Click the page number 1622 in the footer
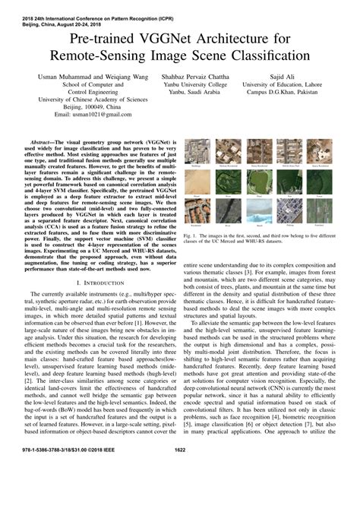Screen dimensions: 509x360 (x=180, y=493)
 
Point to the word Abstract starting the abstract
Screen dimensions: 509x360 (x=46, y=141)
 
